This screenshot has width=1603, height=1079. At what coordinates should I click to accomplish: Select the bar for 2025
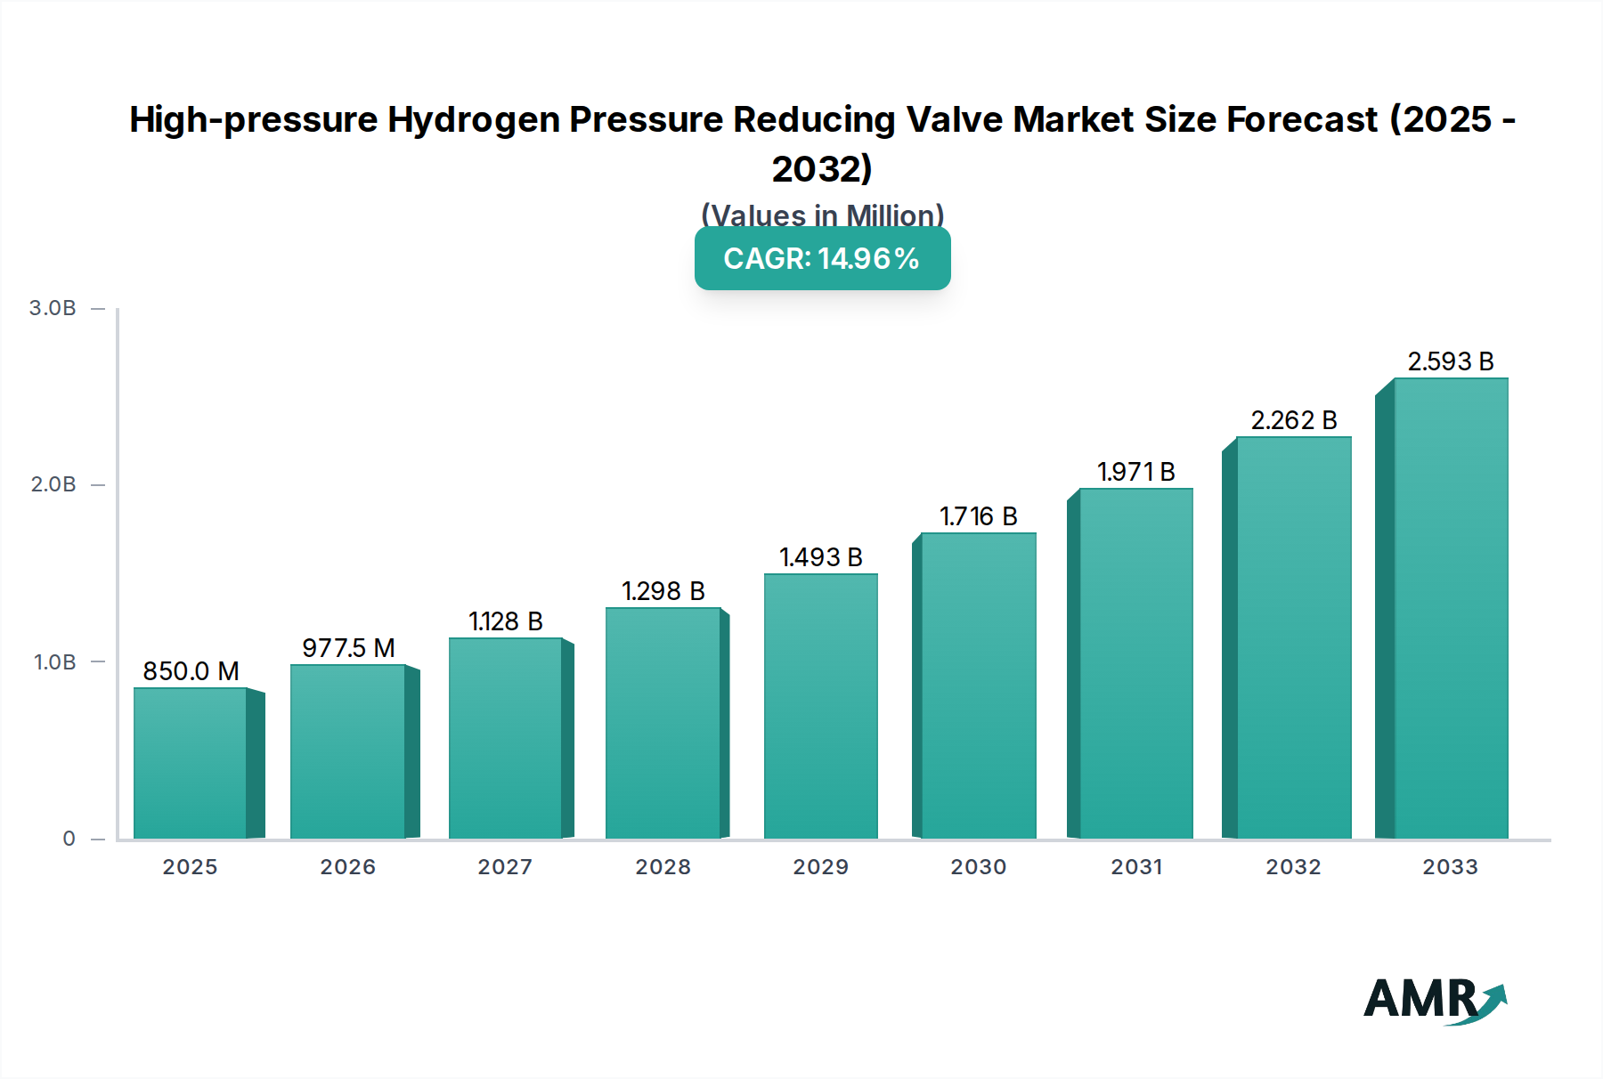pyautogui.click(x=191, y=763)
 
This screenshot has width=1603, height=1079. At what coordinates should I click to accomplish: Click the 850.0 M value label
pyautogui.click(x=191, y=671)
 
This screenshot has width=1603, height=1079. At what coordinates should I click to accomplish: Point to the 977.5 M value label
pyautogui.click(x=348, y=648)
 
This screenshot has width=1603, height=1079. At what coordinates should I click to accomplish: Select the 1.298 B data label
pyautogui.click(x=663, y=591)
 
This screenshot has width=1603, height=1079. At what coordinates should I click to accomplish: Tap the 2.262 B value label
pyautogui.click(x=1293, y=420)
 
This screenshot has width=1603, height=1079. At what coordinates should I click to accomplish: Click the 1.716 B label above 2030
pyautogui.click(x=978, y=516)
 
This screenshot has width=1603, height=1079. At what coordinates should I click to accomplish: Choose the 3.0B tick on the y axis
pyautogui.click(x=53, y=308)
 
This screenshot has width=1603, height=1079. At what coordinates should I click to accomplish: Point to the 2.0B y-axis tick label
pyautogui.click(x=53, y=484)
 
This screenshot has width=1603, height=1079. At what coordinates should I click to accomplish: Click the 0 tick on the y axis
pyautogui.click(x=69, y=839)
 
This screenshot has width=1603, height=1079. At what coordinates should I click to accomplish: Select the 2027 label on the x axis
pyautogui.click(x=505, y=867)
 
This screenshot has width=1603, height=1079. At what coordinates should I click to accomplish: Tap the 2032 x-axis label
pyautogui.click(x=1293, y=867)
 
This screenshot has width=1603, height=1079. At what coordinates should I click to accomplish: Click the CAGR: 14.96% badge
pyautogui.click(x=822, y=258)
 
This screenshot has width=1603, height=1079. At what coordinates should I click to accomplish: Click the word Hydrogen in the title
pyautogui.click(x=475, y=119)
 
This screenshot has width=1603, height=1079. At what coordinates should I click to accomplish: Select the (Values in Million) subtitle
pyautogui.click(x=822, y=215)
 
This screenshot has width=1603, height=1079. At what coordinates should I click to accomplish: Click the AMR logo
pyautogui.click(x=1433, y=1001)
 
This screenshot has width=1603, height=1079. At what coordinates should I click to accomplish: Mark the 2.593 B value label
pyautogui.click(x=1450, y=361)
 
